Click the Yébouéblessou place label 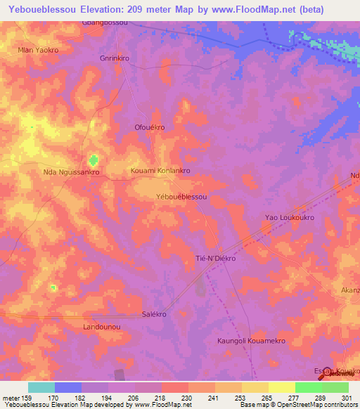coord(181,197)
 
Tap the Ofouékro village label coord(149,127)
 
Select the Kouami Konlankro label coord(161,171)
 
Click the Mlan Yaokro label coord(38,51)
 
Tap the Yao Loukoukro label coord(289,218)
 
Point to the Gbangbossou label coord(105,23)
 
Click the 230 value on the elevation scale coord(188,398)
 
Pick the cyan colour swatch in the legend coord(41,387)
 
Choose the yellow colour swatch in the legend coord(282,387)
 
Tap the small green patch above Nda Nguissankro coord(93,160)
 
